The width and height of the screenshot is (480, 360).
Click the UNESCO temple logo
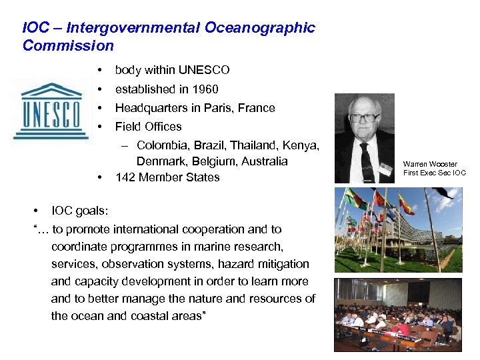[x=51, y=110]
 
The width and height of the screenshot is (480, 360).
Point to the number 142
[x=125, y=177]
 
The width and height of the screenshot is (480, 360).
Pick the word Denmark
[x=159, y=161]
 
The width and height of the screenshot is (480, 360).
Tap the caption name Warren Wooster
[x=430, y=164]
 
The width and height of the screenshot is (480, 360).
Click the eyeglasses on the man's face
[x=364, y=118]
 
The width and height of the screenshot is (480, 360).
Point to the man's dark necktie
[x=367, y=160]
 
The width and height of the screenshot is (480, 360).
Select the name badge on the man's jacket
[x=385, y=170]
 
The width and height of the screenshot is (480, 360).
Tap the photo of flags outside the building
[x=398, y=230]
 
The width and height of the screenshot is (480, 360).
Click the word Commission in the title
[x=68, y=46]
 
